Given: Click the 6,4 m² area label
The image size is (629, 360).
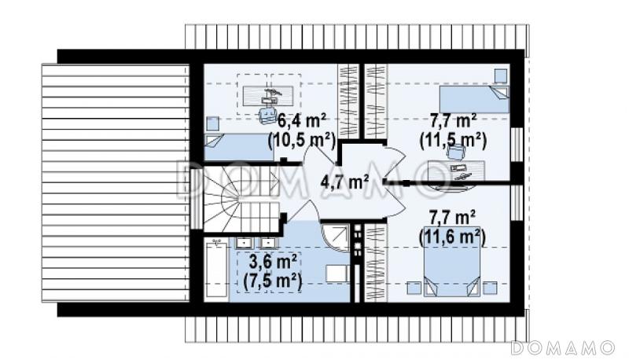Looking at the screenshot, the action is pyautogui.click(x=302, y=119).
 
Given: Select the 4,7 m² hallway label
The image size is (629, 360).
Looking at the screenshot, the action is pyautogui.click(x=344, y=182).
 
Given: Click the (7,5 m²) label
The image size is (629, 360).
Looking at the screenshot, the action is pyautogui.click(x=273, y=282).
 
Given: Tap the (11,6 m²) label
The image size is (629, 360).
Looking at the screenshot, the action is pyautogui.click(x=453, y=237).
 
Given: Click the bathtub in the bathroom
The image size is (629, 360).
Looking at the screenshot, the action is pyautogui.click(x=215, y=270).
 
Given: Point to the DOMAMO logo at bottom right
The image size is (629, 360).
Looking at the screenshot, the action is pyautogui.click(x=563, y=347).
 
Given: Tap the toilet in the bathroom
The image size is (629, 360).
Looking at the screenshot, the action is pyautogui.click(x=337, y=274).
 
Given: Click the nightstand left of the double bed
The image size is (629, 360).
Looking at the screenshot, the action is pyautogui.click(x=414, y=288).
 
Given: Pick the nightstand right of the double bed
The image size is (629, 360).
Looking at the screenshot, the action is pyautogui.click(x=490, y=288).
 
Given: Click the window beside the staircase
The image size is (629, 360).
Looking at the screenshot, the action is pyautogui.click(x=196, y=199).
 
